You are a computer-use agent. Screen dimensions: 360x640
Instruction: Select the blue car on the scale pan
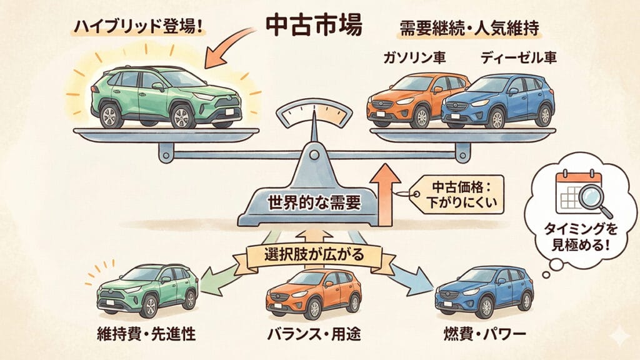pyautogui.click(x=500, y=101)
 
